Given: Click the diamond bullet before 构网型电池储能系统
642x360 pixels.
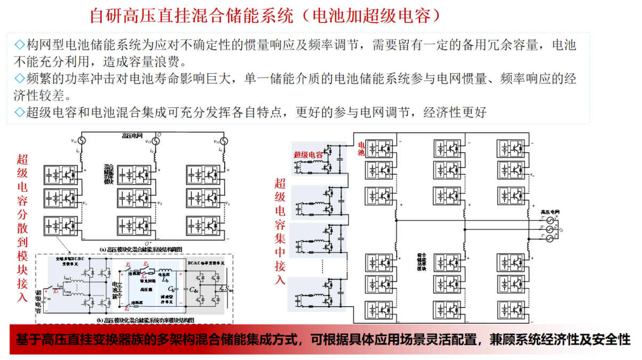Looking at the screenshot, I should tap(20, 45).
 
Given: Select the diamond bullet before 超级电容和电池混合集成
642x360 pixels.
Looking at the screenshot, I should tap(20, 113).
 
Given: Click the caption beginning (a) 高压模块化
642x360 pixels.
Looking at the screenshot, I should tap(141, 249).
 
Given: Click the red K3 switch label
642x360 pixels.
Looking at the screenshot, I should tap(145, 265).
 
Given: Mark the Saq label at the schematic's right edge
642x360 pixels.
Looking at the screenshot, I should tap(228, 289).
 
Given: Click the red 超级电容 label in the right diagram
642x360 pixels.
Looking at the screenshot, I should tap(308, 155).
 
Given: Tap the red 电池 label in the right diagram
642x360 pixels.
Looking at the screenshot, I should tap(362, 149).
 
